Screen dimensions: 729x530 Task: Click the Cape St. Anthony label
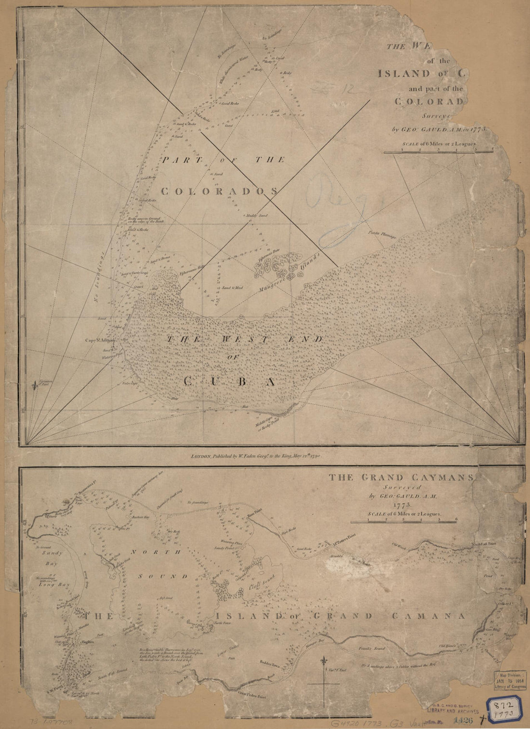(x=101, y=340)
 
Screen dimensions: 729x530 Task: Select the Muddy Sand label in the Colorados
(x=256, y=216)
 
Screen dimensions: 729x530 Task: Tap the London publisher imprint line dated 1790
(x=256, y=455)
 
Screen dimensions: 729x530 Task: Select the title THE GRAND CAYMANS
(x=402, y=478)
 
